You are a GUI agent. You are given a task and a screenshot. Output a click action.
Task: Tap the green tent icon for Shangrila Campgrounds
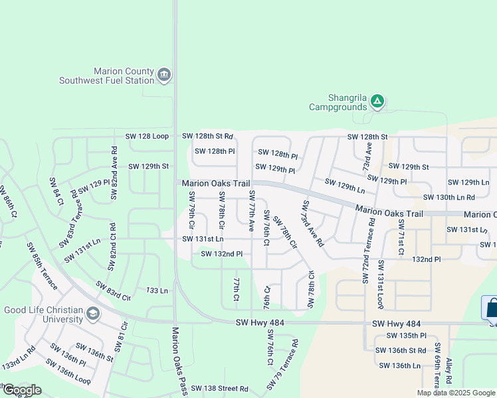coord(377,101)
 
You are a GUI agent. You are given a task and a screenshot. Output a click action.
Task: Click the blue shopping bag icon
coord(491,308)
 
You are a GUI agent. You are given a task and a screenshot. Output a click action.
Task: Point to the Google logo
coord(22,390)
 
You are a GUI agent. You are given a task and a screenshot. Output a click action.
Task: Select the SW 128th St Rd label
coord(207,136)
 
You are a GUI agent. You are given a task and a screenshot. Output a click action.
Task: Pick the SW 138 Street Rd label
coord(219,388)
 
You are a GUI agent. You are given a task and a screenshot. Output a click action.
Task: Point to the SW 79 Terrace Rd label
coord(283,365)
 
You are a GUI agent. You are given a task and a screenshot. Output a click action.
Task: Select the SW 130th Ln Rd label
coord(449,197)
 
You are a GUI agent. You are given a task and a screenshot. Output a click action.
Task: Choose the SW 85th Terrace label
coord(43,267)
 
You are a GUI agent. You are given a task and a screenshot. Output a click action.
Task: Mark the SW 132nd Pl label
coord(222,253)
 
